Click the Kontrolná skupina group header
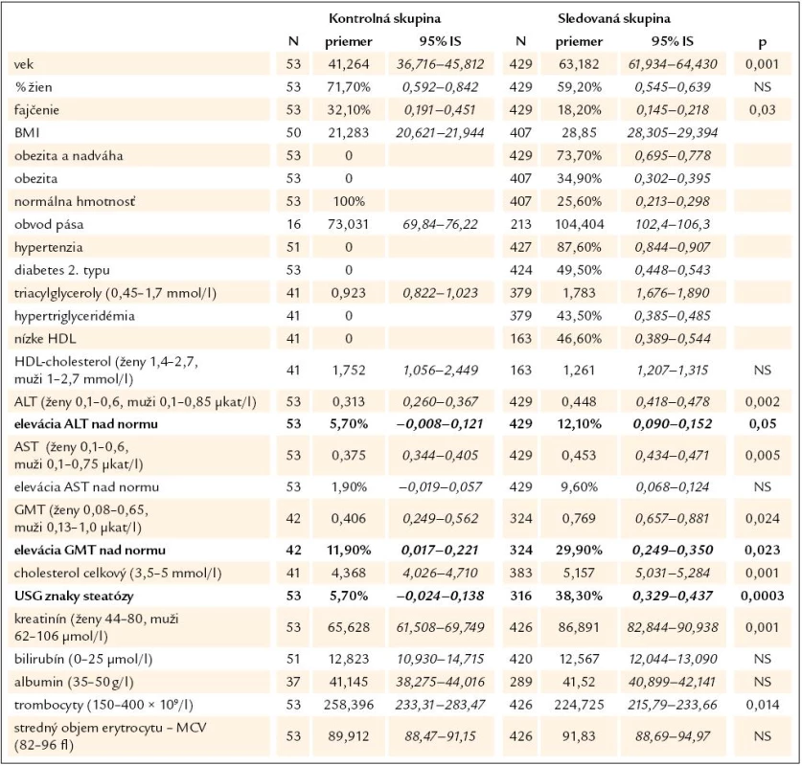[384, 19]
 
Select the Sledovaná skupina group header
[614, 19]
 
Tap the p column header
[762, 42]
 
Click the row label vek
[24, 64]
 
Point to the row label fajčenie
[36, 110]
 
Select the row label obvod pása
[49, 224]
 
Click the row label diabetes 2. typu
[62, 270]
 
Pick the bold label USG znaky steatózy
[74, 596]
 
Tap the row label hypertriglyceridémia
[75, 316]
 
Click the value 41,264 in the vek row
[349, 64]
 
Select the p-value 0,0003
[762, 596]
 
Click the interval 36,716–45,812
[441, 64]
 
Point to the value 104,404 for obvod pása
[579, 224]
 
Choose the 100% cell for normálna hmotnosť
[349, 201]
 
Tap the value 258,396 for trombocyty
[349, 705]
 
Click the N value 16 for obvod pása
[293, 224]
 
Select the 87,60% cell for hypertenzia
[579, 247]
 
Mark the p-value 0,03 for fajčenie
[762, 110]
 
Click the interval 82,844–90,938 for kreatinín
[673, 627]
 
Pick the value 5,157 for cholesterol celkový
[579, 574]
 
